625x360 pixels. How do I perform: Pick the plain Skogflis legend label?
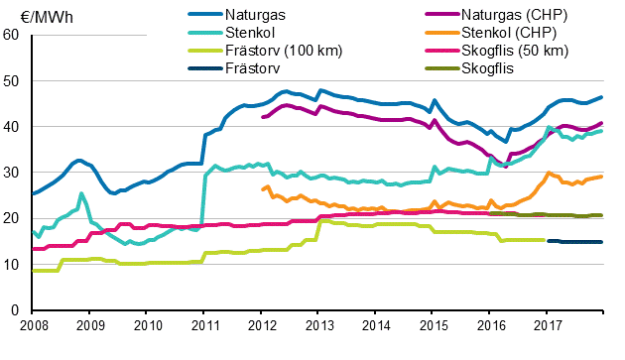click(488, 67)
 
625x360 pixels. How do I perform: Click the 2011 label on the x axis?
click(204, 325)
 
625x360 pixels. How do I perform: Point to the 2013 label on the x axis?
click(318, 325)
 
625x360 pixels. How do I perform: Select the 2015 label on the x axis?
click(433, 325)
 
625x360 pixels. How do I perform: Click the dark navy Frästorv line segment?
click(575, 242)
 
